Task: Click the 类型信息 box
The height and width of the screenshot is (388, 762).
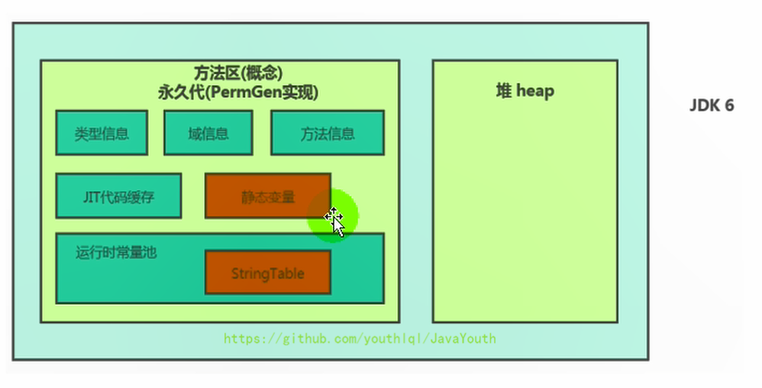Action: coord(102,133)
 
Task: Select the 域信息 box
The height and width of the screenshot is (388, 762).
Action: coord(208,133)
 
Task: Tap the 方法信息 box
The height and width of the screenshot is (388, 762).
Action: coord(327,133)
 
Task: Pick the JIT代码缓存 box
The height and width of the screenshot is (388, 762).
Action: coord(118,196)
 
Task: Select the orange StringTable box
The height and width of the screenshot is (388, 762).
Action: coord(267,273)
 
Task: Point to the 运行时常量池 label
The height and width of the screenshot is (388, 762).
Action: coord(116,251)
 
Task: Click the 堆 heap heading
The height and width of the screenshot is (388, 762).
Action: coord(525,91)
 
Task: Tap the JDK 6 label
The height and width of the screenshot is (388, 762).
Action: coord(711,105)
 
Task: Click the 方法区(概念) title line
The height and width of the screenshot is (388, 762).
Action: coord(237,73)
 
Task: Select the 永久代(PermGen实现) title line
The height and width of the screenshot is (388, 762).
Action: coord(237,92)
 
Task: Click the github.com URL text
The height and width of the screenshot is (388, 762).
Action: coord(360,338)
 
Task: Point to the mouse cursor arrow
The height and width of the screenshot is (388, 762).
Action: coord(336,223)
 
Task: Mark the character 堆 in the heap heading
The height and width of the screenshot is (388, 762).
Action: coord(503,91)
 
